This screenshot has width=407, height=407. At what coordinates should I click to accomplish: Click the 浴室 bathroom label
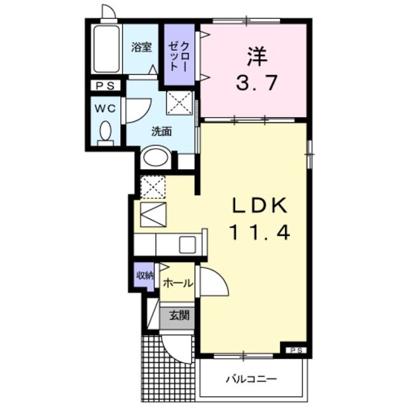pos(141,47)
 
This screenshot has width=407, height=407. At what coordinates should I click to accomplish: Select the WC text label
pos(106,109)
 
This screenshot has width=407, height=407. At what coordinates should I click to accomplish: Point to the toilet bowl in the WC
pos(106,132)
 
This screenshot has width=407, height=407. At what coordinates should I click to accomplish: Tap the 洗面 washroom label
pos(162,132)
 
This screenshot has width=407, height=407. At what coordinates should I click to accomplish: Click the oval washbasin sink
pos(155,157)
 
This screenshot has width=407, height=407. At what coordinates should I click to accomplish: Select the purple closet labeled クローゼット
pos(179,56)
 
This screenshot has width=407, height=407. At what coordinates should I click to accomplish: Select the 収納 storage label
pos(144,275)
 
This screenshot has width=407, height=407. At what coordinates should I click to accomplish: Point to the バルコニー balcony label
pos(252,380)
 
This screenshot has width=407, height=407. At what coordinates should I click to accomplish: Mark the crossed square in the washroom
pos(178,102)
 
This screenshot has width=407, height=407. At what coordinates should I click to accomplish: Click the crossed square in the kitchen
pos(153,187)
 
